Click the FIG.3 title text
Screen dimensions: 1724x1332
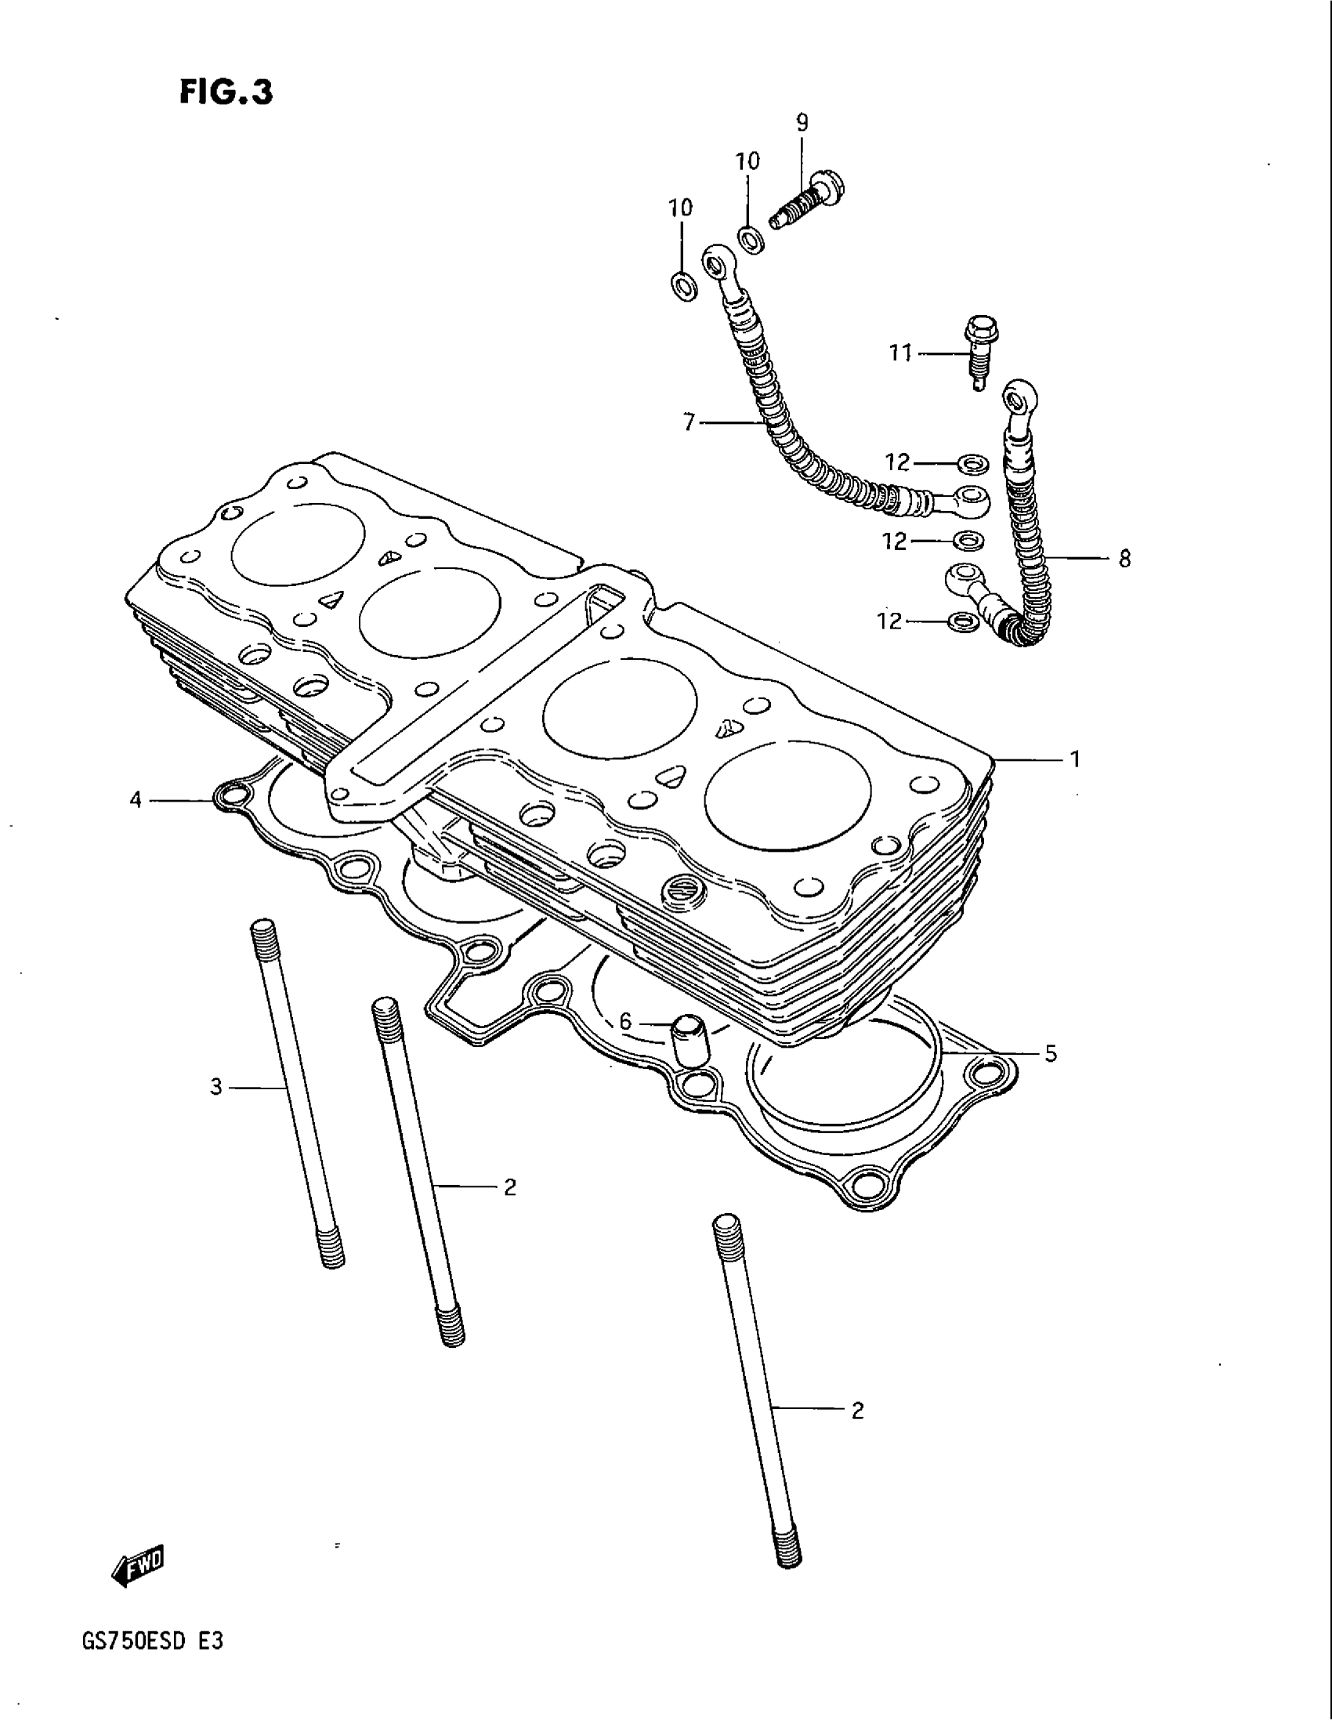(226, 92)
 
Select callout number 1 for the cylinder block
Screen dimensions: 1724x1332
(1074, 759)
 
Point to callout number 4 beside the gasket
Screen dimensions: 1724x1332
(136, 800)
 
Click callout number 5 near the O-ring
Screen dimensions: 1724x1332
(1050, 1054)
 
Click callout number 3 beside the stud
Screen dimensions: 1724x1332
(216, 1088)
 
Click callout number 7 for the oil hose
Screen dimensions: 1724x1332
(689, 424)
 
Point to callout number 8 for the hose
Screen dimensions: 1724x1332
(1124, 559)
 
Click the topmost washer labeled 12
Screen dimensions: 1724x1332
(970, 462)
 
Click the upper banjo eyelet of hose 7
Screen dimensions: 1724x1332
(718, 259)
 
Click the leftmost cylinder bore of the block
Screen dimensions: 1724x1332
(299, 543)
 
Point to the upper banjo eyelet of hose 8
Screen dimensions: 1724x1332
(1019, 397)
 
